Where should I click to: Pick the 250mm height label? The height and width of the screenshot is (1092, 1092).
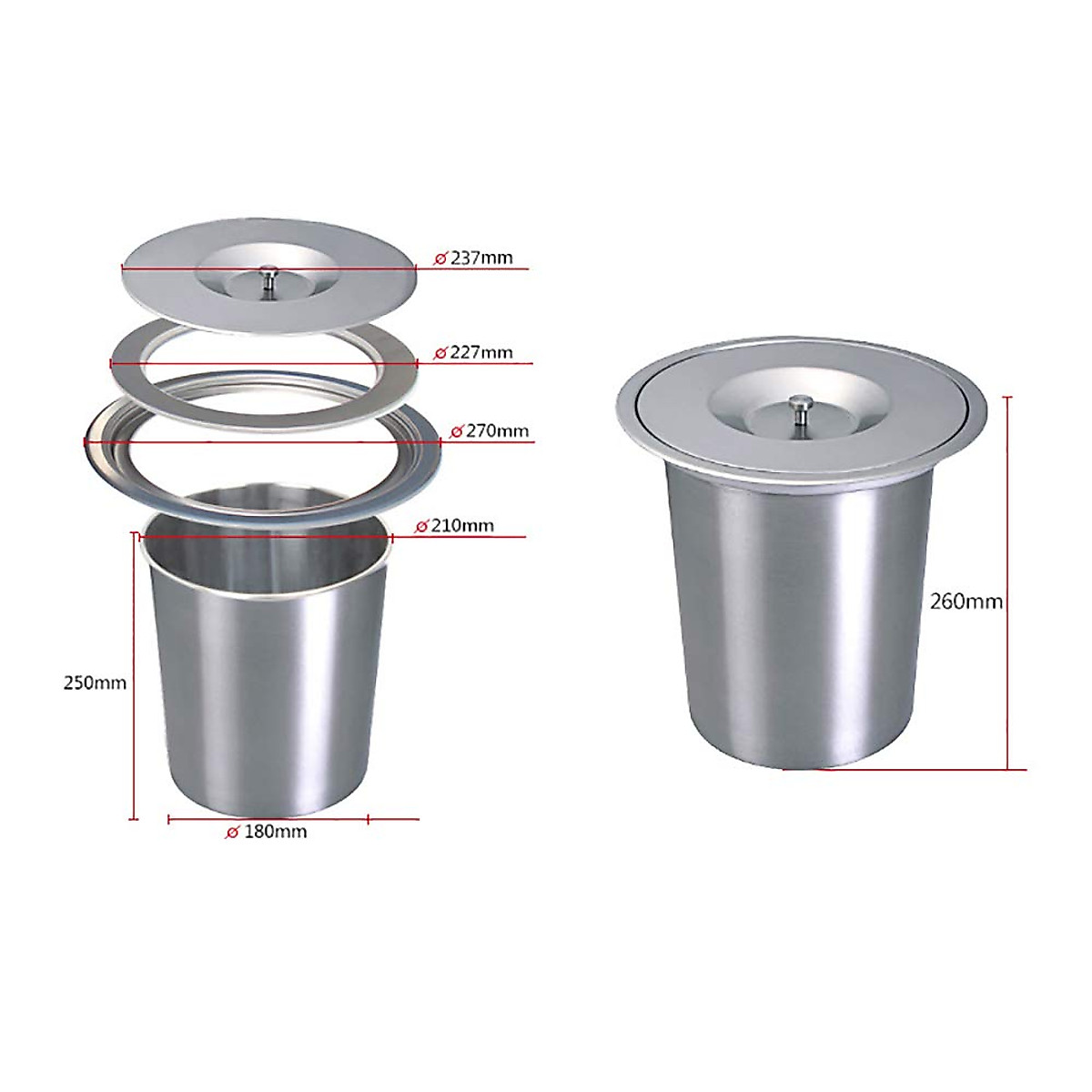95,682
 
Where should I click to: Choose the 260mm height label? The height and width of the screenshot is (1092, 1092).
966,602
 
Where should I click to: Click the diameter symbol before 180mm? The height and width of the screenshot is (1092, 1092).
232,832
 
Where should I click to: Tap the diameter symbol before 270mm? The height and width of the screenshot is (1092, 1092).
458,430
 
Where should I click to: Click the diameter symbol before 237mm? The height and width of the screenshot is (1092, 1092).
440,258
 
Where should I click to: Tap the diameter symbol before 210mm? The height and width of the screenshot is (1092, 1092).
421,526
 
